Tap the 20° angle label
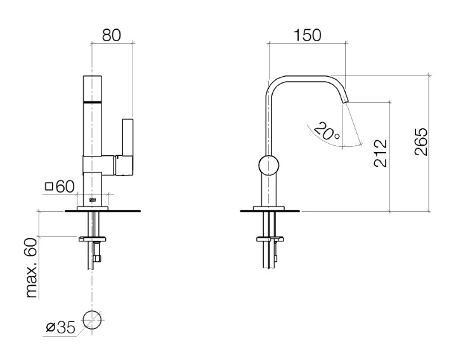coord(327,131)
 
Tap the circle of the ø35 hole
coord(92,321)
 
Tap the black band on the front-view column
coord(92,101)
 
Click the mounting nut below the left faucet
coord(92,240)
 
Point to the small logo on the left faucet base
coord(92,201)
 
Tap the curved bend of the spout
coord(274,84)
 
